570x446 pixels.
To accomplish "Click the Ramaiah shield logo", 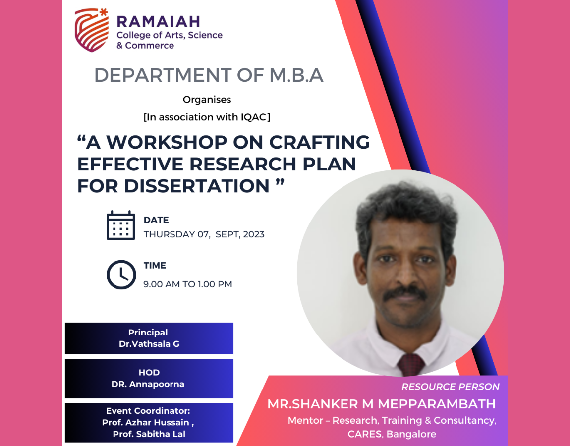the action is click(92, 30).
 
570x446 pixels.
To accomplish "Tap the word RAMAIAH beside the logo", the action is click(158, 22).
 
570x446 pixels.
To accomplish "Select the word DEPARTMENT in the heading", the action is click(163, 75).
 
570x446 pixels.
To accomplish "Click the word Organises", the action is click(207, 100).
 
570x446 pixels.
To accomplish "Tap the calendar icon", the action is click(120, 225).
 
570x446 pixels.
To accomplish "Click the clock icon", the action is click(121, 275).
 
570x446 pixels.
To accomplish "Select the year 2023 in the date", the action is click(254, 234).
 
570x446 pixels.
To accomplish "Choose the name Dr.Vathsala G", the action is click(149, 344).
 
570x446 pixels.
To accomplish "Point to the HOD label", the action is click(149, 373).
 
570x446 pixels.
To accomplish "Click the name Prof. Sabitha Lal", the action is click(149, 434).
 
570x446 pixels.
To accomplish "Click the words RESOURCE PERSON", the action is click(451, 387).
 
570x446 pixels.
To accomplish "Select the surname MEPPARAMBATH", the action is click(437, 404).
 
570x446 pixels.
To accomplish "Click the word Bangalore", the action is click(411, 434).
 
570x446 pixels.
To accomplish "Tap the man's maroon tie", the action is click(411, 365).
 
